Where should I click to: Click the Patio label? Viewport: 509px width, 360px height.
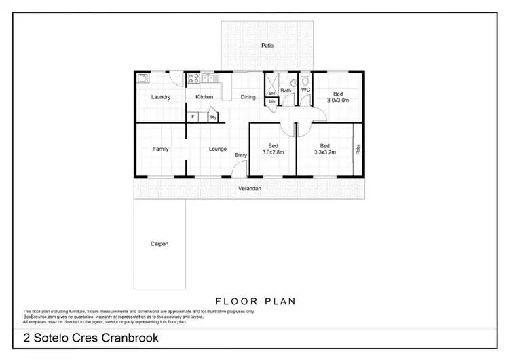coord(267,46)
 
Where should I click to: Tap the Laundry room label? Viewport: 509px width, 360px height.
coord(160,97)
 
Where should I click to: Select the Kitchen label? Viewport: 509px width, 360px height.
coord(204,97)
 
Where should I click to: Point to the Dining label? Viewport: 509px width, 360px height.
coord(248,97)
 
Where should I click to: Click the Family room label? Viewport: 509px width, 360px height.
coord(160,149)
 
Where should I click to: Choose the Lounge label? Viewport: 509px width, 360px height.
coord(217,149)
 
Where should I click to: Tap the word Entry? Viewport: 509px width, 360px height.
coord(240,156)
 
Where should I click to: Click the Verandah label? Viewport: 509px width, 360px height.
coord(250,188)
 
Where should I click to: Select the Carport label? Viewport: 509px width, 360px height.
coord(159,243)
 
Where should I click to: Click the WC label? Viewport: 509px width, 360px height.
coord(305,90)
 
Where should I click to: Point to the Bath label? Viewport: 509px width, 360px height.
coord(286,90)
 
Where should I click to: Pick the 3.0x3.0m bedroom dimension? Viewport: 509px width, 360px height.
coord(337,100)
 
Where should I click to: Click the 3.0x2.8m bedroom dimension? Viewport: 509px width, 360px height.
coord(273,152)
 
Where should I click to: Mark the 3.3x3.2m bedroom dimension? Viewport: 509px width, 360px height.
coord(325,152)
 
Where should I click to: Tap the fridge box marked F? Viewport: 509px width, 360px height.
coord(193,117)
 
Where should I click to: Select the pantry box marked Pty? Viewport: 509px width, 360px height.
coord(212,117)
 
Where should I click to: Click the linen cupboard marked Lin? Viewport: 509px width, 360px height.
coord(271,101)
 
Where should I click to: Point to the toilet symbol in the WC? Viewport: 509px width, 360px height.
coord(305,79)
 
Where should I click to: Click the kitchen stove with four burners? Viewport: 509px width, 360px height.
coord(193,77)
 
